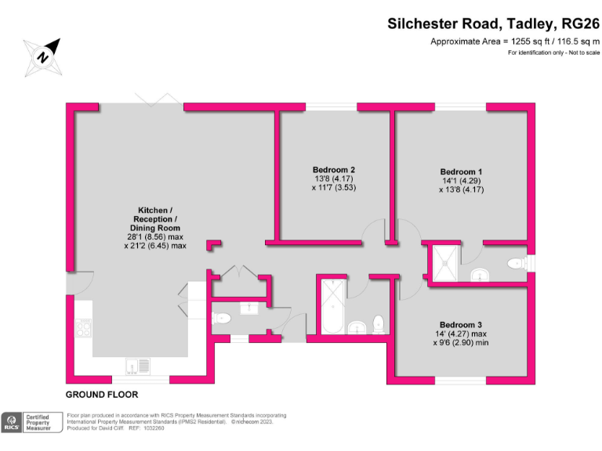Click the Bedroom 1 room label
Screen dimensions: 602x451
(x=461, y=171)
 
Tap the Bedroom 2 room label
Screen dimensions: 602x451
(x=334, y=169)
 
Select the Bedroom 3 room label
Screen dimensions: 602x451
(x=461, y=325)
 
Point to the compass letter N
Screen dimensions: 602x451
(x=42, y=57)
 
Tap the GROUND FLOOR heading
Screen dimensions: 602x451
(x=102, y=395)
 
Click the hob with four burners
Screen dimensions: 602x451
(x=84, y=328)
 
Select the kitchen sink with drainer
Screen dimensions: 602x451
(x=137, y=366)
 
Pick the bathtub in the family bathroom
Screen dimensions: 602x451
(x=332, y=307)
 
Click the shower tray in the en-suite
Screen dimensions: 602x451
(x=445, y=263)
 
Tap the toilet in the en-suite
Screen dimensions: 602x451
(x=517, y=263)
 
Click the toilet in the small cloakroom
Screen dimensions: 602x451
(x=222, y=318)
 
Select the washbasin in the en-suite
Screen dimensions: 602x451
(x=480, y=275)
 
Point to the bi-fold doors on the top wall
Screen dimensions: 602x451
(x=158, y=99)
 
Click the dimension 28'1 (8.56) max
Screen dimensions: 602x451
(x=155, y=237)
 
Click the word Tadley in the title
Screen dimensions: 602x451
(x=530, y=24)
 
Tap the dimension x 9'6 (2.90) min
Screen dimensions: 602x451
(x=461, y=343)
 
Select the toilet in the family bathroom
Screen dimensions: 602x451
(x=379, y=324)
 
